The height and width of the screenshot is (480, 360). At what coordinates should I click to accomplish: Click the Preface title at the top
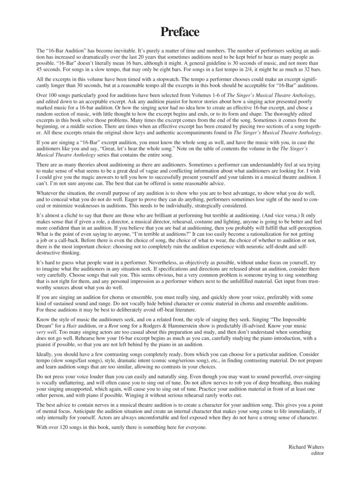coord(180,32)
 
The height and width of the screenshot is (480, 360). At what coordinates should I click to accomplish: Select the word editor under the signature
coord(317,453)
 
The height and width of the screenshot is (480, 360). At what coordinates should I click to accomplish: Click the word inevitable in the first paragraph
coord(130,50)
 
